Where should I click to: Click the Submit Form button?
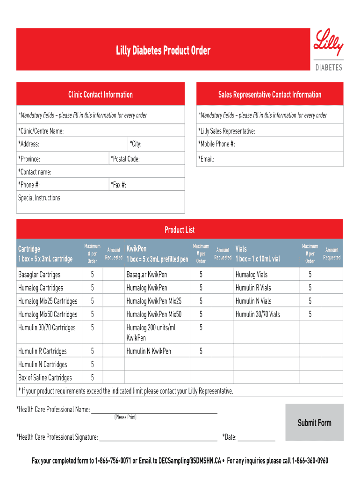click(x=314, y=423)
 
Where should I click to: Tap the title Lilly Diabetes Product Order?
click(x=163, y=51)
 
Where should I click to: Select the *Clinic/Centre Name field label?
click(x=41, y=131)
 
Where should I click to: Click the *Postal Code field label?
click(x=125, y=159)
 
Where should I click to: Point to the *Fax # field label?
click(x=118, y=185)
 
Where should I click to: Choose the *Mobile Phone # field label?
click(x=216, y=144)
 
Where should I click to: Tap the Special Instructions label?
click(x=40, y=198)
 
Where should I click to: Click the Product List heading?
click(x=180, y=230)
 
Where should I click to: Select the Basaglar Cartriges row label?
click(x=39, y=275)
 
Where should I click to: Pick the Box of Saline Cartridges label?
click(x=45, y=377)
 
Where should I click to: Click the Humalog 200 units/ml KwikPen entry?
click(x=151, y=332)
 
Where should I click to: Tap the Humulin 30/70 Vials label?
click(x=258, y=314)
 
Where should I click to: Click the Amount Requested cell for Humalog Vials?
click(x=332, y=275)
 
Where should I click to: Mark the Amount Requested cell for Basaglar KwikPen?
click(x=223, y=275)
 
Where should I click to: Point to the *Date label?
click(x=230, y=437)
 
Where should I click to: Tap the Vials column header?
click(x=241, y=249)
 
